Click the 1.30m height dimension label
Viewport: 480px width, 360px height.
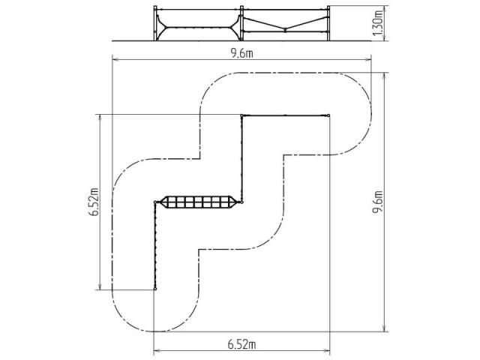click(x=378, y=22)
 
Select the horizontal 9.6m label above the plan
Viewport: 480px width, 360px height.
click(x=241, y=53)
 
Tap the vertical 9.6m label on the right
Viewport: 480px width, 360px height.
click(x=378, y=202)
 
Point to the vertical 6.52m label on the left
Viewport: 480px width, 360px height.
click(x=94, y=202)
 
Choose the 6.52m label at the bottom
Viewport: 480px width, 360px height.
click(x=241, y=344)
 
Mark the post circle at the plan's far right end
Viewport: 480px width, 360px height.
click(x=328, y=115)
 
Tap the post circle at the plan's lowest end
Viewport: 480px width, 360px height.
click(x=155, y=289)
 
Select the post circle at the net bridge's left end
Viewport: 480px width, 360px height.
click(x=155, y=202)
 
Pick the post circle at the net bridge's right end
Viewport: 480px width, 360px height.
click(x=241, y=202)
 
